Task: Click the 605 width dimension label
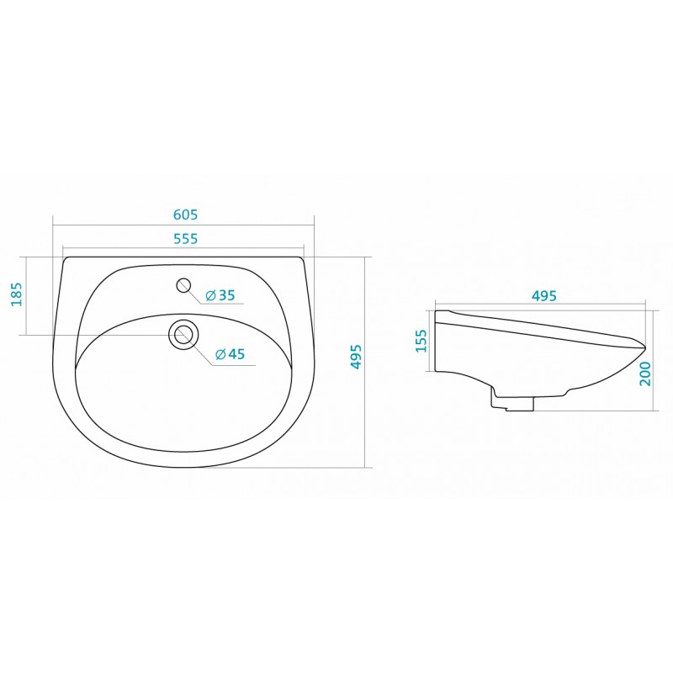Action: [x=185, y=215]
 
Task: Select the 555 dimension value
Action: [x=185, y=238]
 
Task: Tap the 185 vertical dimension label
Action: [x=16, y=294]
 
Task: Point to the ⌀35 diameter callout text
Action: [x=220, y=295]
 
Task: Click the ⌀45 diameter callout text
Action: [x=230, y=354]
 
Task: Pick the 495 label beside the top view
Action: [x=356, y=356]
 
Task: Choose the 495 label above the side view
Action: [x=543, y=296]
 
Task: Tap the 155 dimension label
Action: [x=422, y=341]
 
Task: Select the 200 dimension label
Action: [x=645, y=374]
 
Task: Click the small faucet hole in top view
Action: [x=183, y=285]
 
